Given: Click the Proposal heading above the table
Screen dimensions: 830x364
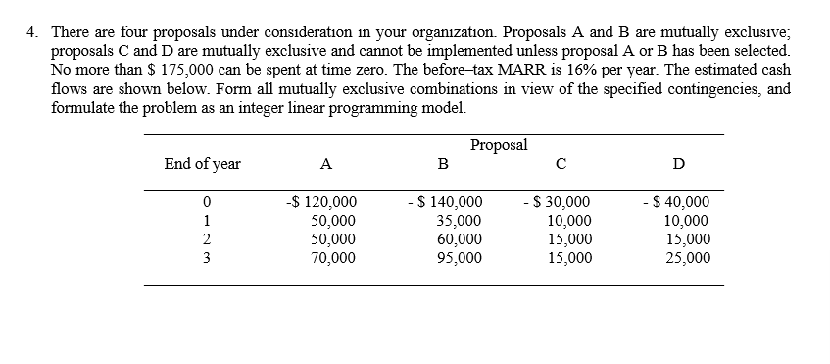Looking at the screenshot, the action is [499, 145].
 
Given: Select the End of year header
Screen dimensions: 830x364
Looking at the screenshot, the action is [202, 164].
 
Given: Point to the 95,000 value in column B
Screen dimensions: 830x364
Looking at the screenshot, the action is [458, 259].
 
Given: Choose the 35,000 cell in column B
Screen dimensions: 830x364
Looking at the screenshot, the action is [458, 222].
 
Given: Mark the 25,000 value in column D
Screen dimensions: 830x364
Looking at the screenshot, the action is [688, 259].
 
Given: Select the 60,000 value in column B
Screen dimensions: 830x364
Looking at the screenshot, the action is [458, 240].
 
